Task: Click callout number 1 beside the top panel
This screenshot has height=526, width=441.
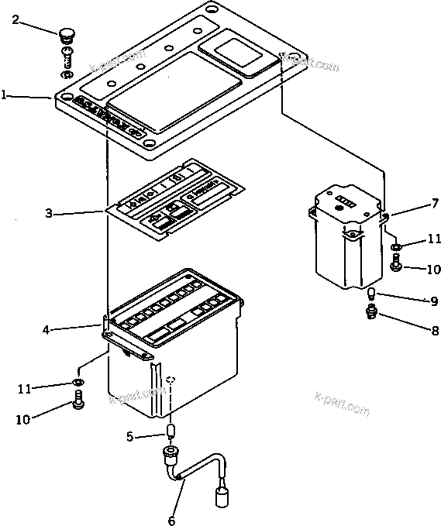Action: point(5,95)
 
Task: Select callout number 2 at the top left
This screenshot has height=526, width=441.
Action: point(16,20)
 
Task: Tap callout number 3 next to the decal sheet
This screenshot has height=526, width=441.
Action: point(48,212)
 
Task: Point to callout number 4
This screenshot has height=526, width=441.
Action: point(46,329)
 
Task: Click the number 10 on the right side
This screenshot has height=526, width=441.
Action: point(432,269)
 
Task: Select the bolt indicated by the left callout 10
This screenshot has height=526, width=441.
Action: point(78,401)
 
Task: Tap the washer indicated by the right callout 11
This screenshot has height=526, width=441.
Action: point(395,248)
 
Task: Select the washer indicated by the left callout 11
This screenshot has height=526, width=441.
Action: point(78,383)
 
